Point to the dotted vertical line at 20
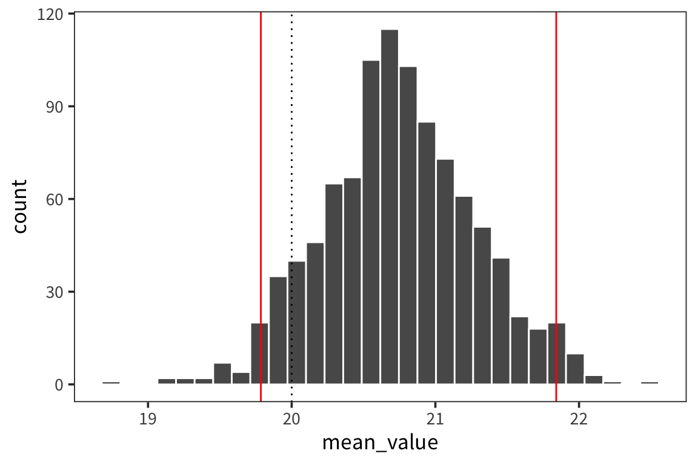291,151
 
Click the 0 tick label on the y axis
58,384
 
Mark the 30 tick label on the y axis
54,292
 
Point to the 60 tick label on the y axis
54,199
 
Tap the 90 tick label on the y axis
54,107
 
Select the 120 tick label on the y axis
51,14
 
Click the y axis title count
19,206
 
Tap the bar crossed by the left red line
259,354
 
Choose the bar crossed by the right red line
556,354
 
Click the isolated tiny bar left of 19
111,383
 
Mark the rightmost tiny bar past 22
650,383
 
